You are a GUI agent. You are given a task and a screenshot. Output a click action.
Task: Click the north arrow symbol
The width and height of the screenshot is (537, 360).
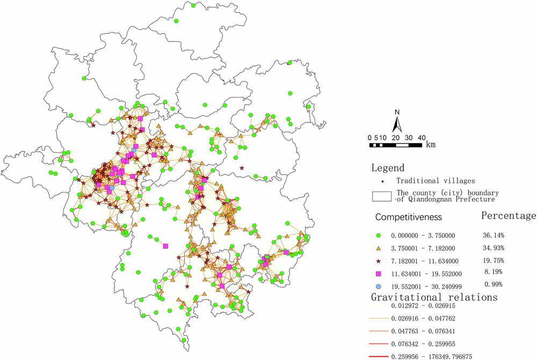pyautogui.click(x=397, y=126)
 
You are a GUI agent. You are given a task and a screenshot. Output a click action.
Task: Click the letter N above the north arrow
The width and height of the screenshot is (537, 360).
pyautogui.click(x=397, y=112)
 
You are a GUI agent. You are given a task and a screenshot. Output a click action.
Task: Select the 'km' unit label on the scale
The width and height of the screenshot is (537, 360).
pyautogui.click(x=431, y=144)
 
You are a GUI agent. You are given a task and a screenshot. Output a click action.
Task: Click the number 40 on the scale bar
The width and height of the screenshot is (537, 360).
pyautogui.click(x=421, y=137)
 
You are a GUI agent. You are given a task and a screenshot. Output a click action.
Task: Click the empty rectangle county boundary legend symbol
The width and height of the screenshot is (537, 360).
pyautogui.click(x=381, y=196)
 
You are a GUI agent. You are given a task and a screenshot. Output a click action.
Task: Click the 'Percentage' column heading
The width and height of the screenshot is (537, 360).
pyautogui.click(x=508, y=216)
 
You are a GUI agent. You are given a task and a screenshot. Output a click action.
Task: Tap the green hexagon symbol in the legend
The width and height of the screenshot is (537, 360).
pyautogui.click(x=379, y=235)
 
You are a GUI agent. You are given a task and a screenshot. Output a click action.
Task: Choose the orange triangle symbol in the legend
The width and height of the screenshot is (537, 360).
pyautogui.click(x=379, y=248)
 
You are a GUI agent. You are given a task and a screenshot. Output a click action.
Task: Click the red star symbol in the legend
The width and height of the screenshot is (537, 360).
pyautogui.click(x=379, y=261)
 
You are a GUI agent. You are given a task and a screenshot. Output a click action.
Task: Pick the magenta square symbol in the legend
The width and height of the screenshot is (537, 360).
pyautogui.click(x=379, y=273)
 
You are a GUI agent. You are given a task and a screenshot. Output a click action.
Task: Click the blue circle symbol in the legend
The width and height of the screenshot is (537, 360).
pyautogui.click(x=379, y=286)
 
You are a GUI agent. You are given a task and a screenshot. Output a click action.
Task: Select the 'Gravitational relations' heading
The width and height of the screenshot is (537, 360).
pyautogui.click(x=434, y=297)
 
